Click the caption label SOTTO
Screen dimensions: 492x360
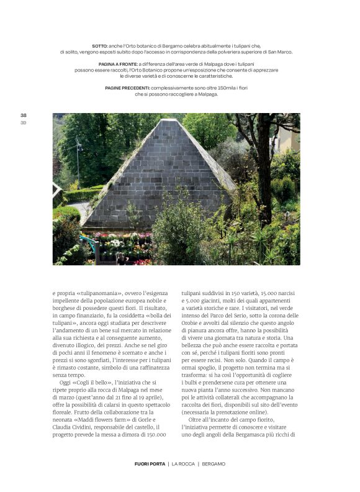[99, 46]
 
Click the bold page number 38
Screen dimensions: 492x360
[24, 115]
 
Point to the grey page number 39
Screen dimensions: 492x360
[24, 122]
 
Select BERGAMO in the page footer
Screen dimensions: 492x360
[213, 463]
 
